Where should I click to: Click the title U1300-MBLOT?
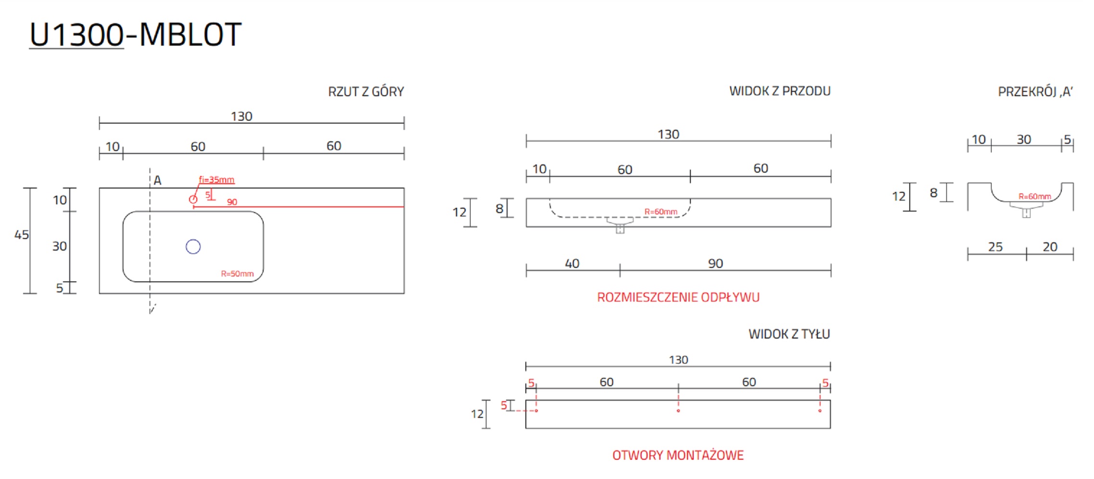pos(135,35)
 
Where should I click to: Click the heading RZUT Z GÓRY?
pos(366,91)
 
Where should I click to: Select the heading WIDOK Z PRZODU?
pos(779,91)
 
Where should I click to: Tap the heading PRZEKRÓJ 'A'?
pos(1035,91)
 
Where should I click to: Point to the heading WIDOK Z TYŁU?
pos(789,334)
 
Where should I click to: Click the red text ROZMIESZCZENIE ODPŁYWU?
pos(678,297)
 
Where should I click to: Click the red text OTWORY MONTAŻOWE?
pos(678,455)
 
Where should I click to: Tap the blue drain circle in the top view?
pos(193,247)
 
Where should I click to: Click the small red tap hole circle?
pos(193,199)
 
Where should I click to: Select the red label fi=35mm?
pos(216,180)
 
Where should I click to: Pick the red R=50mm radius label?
pos(237,274)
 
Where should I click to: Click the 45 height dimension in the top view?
pos(21,235)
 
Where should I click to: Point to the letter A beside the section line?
pos(157,181)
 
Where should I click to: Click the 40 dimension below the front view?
pos(572,264)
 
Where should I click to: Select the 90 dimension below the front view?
pos(715,264)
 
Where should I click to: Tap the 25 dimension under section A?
pos(995,247)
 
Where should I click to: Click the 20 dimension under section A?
pos(1050,247)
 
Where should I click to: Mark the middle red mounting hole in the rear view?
pos(678,411)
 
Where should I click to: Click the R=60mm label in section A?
pos(1034,196)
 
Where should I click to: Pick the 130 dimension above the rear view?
pos(678,360)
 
